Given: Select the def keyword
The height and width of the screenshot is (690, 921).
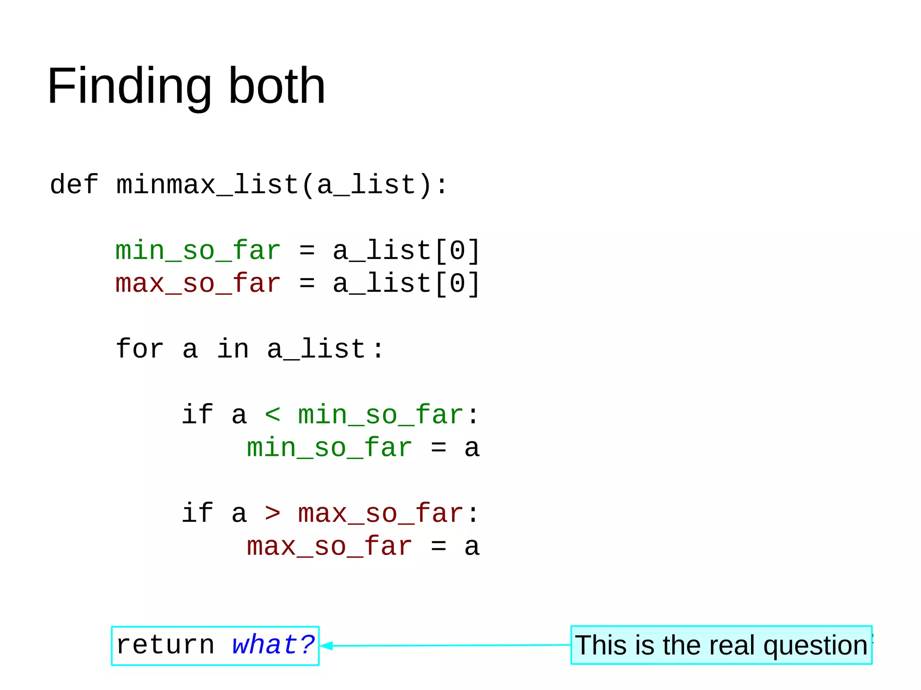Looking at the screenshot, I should (74, 185).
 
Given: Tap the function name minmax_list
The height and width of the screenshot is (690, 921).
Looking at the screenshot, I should (207, 185).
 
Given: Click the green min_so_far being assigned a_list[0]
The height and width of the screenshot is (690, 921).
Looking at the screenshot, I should (198, 250).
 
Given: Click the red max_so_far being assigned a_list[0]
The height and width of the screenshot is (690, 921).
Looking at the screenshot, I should (198, 284).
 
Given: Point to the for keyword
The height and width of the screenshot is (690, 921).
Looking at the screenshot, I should (139, 349).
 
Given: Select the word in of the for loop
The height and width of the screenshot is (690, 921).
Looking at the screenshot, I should (232, 349).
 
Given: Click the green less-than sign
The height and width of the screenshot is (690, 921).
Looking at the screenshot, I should (273, 414).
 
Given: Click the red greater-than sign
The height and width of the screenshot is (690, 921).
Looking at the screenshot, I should (273, 513).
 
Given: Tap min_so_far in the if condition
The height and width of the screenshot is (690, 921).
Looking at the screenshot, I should (380, 414).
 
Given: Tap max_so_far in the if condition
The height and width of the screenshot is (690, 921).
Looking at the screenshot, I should (380, 513).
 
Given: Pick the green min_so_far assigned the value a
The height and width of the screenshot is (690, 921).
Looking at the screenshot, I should (330, 448).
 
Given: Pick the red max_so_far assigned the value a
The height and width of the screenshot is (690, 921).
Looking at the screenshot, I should (330, 547).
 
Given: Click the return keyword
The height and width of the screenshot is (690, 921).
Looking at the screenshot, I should (165, 645).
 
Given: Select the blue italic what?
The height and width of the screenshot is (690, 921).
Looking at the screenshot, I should (273, 645).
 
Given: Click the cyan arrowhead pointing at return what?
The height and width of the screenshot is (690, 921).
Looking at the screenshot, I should (326, 646).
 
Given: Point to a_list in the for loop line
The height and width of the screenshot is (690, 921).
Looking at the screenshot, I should (316, 349).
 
